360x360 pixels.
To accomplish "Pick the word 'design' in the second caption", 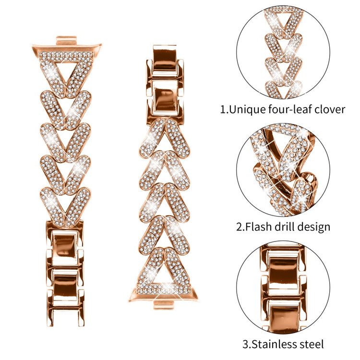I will [313, 227].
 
